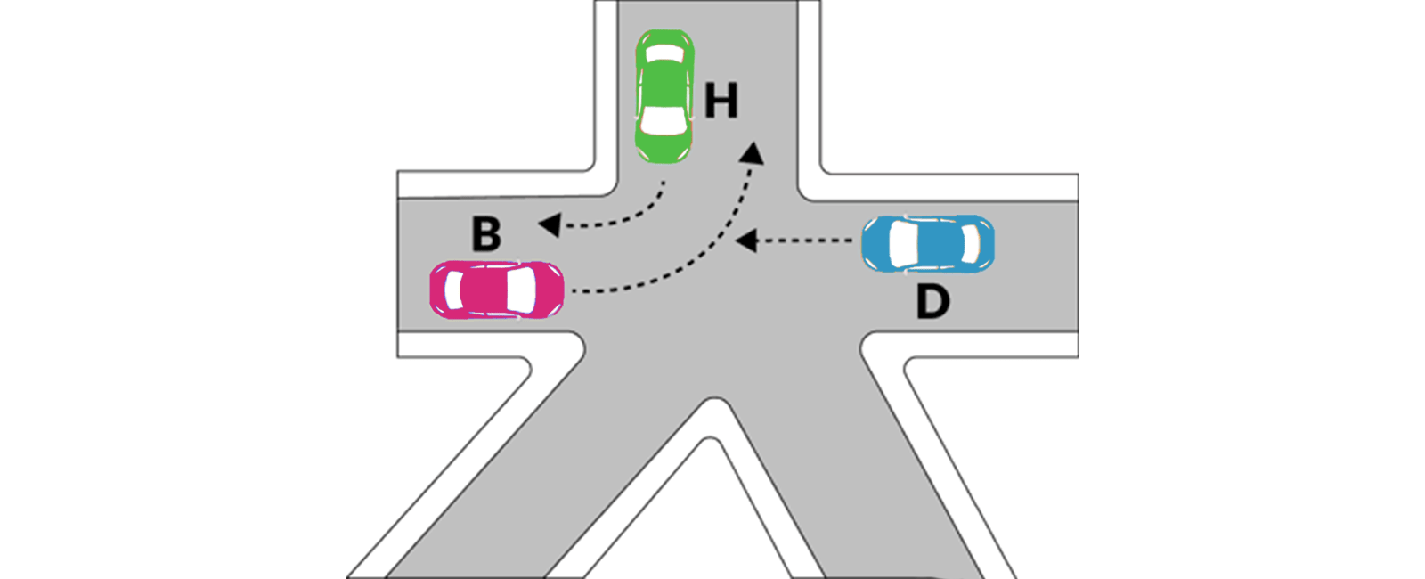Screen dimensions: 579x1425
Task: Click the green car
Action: click(664, 95)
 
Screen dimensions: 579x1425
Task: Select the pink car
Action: click(496, 289)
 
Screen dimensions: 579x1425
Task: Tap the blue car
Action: click(928, 243)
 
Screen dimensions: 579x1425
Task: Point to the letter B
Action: click(486, 234)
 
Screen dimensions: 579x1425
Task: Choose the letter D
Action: click(932, 303)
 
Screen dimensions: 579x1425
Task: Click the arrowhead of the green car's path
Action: click(550, 224)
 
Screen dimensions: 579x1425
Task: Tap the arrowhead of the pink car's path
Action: click(753, 153)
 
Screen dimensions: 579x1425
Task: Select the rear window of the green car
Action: click(664, 53)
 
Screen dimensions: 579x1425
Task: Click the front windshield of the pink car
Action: click(521, 289)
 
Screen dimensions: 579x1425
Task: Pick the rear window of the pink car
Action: click(454, 289)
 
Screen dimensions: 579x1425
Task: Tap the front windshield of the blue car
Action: click(903, 243)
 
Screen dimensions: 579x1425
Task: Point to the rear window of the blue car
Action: click(971, 243)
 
